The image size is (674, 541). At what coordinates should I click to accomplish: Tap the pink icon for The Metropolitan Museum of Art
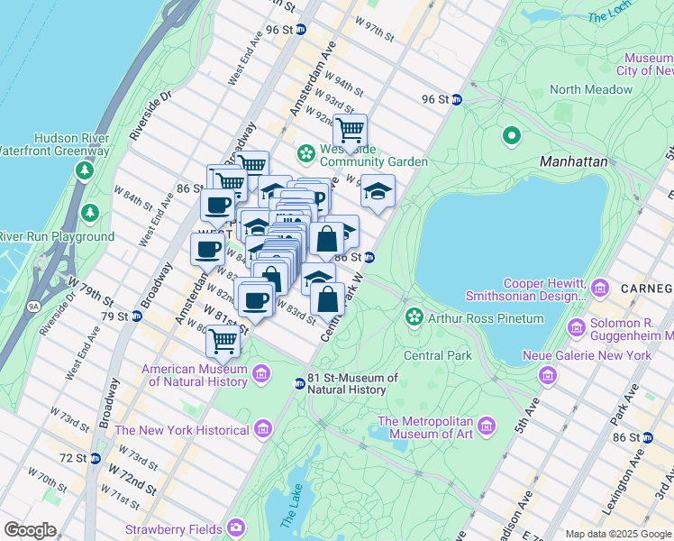click(x=487, y=425)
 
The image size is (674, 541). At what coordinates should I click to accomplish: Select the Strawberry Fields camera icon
click(x=236, y=527)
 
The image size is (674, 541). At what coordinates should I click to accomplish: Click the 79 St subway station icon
click(x=136, y=316)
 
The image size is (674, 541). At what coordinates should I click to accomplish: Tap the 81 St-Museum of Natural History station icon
click(x=299, y=384)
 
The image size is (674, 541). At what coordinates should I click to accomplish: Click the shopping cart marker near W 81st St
click(x=222, y=342)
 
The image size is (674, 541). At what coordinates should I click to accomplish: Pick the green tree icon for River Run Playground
click(x=89, y=213)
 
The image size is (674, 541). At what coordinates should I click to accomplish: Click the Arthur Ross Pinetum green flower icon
click(x=414, y=317)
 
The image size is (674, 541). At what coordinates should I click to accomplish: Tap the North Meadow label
click(x=591, y=89)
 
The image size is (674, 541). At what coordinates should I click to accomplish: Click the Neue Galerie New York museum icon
click(x=544, y=374)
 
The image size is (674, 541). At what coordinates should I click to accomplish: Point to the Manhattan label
click(x=573, y=161)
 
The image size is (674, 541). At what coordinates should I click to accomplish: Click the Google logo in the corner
click(x=30, y=530)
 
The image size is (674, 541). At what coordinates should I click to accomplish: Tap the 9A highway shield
click(x=33, y=307)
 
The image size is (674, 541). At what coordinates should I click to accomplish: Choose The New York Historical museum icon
click(x=262, y=429)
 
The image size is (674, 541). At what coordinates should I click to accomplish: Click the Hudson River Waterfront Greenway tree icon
click(x=85, y=170)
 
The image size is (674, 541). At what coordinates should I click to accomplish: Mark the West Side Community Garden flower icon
click(x=306, y=154)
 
